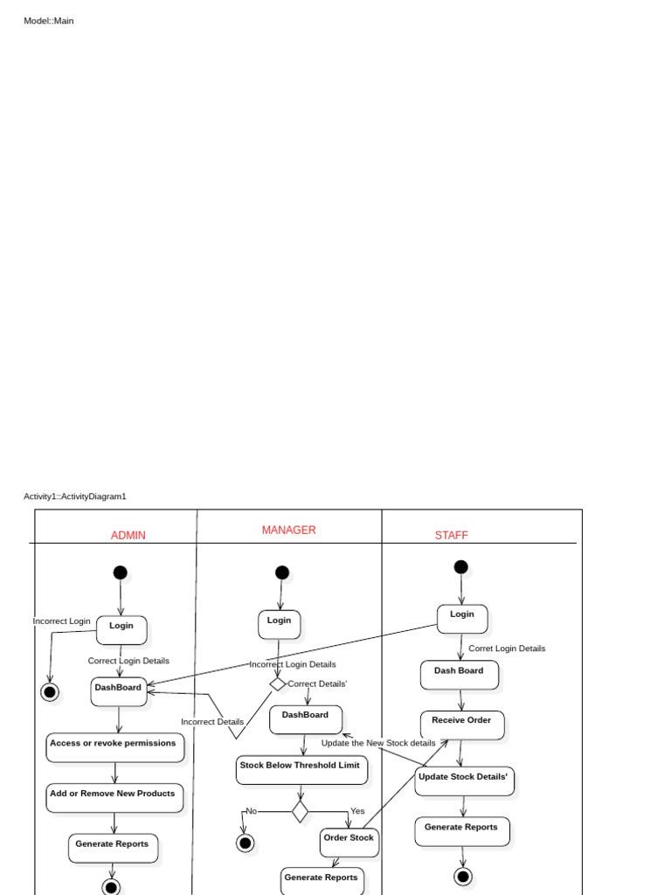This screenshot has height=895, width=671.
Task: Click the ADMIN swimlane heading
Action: (128, 536)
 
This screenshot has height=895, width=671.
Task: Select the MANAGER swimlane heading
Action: (288, 531)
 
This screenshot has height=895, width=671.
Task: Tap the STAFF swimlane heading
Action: (451, 536)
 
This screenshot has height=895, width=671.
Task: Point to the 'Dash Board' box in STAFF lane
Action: (459, 674)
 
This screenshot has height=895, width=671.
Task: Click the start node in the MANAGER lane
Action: (281, 572)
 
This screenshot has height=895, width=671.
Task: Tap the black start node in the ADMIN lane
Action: (120, 572)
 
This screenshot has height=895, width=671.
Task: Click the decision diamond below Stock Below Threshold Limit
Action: (300, 812)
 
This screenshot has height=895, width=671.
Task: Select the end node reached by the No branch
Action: (246, 843)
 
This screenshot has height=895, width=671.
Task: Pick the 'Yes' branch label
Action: (357, 811)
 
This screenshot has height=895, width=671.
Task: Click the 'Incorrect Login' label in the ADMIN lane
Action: (61, 621)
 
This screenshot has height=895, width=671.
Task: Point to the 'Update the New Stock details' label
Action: (378, 743)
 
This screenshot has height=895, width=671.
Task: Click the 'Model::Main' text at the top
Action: (49, 20)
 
